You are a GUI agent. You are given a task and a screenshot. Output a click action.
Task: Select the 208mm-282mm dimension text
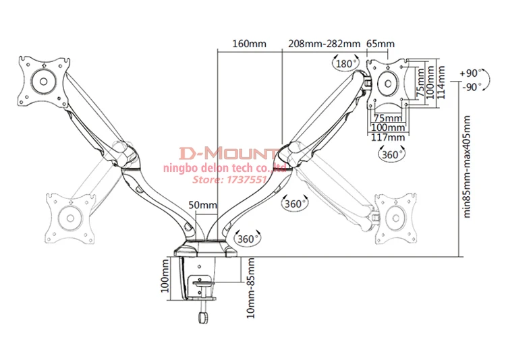[324, 44]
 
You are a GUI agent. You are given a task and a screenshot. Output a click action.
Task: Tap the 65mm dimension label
[381, 44]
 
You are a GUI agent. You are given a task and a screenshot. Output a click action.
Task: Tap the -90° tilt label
[470, 86]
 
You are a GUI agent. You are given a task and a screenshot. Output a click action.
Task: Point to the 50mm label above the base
[202, 205]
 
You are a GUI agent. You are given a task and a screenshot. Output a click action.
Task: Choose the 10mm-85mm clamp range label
[250, 287]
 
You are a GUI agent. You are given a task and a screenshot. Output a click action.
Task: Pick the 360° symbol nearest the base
[246, 237]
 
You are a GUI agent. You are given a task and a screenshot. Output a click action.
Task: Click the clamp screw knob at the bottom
[201, 318]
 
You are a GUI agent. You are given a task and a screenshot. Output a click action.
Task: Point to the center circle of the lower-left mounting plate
[69, 217]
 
